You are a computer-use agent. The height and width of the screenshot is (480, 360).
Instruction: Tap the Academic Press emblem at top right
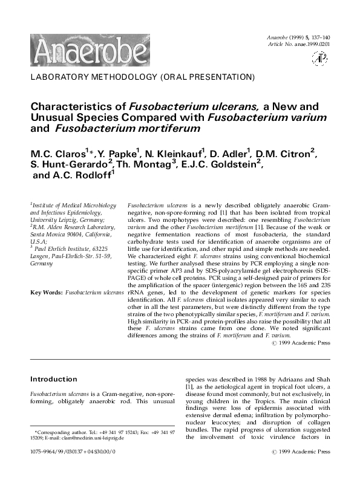318,58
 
